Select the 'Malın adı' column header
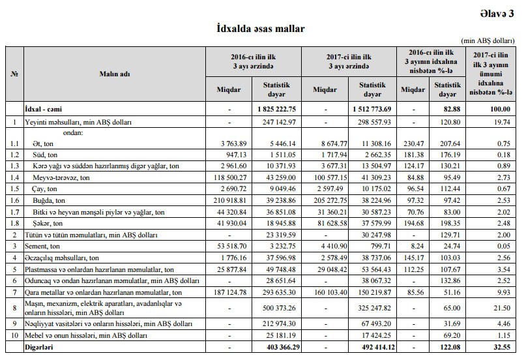click(115, 74)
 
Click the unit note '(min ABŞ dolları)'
click(489, 40)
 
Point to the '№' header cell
click(14, 74)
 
